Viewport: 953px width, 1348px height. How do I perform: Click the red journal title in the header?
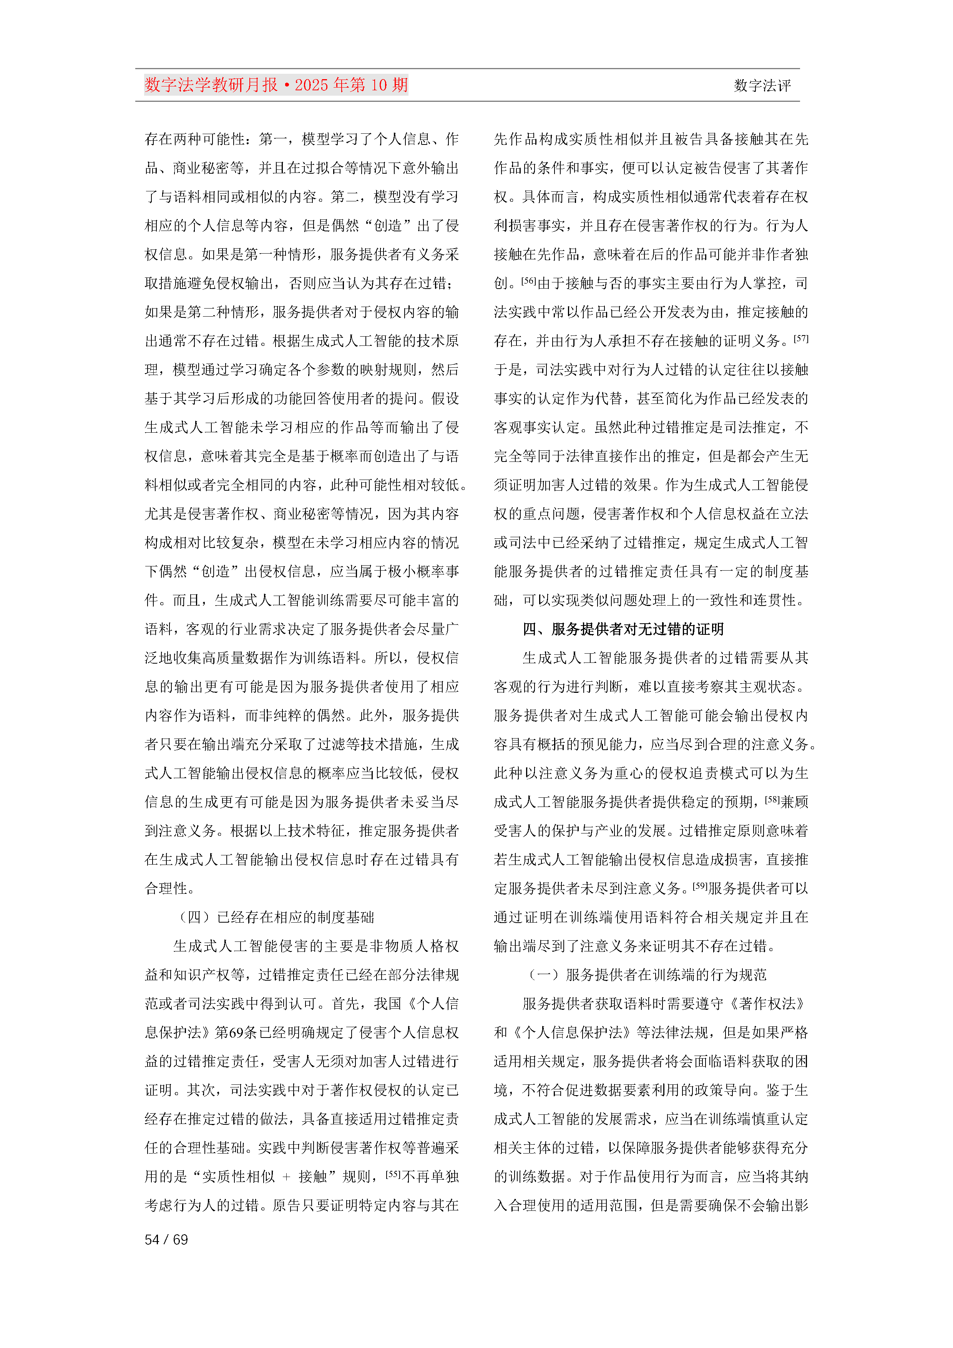(x=276, y=85)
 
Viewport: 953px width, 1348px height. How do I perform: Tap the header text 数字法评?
(x=762, y=86)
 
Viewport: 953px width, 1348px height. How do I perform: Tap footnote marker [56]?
(x=528, y=281)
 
